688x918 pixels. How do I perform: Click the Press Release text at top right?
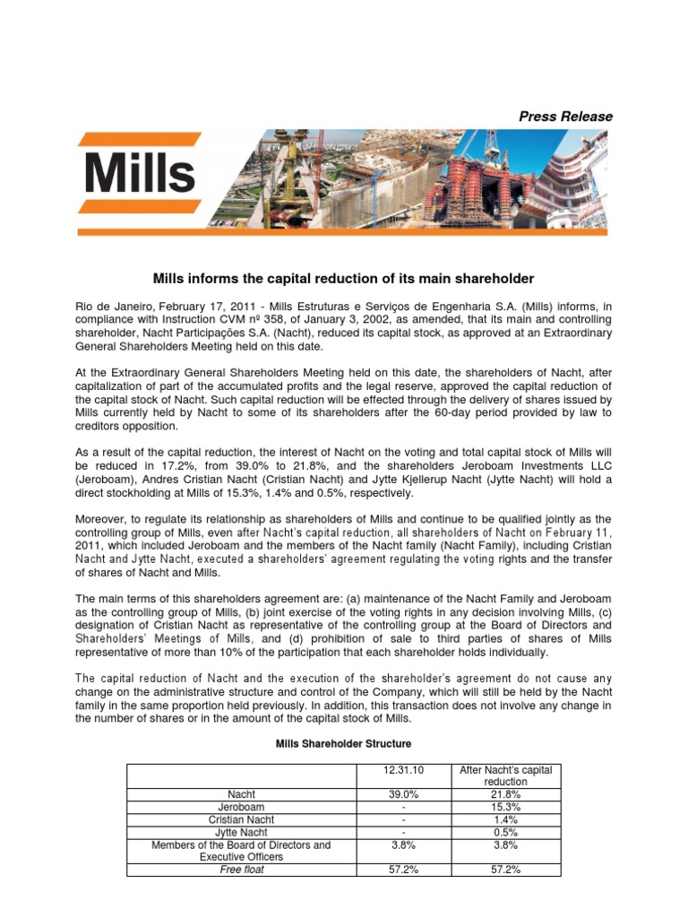[x=566, y=117]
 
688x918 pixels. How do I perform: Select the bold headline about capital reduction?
[x=343, y=279]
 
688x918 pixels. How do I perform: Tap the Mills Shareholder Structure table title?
[x=343, y=744]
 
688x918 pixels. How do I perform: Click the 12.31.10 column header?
[x=403, y=770]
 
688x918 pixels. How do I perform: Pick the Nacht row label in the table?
[x=242, y=794]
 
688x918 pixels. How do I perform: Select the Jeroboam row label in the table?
[x=242, y=807]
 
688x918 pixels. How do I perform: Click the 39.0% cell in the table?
[x=403, y=794]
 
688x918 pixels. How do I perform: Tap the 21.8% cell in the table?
[x=505, y=794]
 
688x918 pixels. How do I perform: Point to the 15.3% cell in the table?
[x=505, y=807]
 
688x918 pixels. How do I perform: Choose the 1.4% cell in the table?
[x=505, y=819]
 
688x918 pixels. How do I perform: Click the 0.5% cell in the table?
[x=505, y=832]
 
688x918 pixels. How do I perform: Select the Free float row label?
[x=242, y=870]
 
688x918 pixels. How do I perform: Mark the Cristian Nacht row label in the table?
[x=242, y=819]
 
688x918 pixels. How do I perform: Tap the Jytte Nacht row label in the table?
[x=242, y=832]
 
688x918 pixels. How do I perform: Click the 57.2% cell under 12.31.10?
[x=403, y=870]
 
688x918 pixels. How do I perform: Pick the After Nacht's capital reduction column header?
[x=505, y=775]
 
